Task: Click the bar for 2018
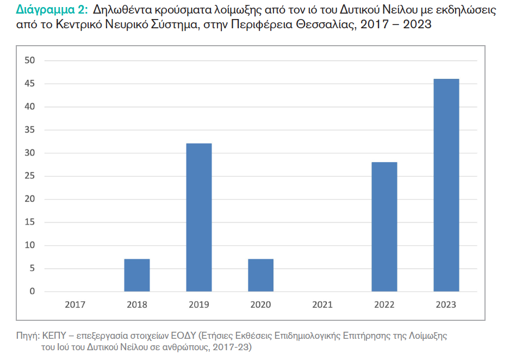[x=137, y=275]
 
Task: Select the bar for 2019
[x=199, y=218]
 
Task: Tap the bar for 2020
[x=260, y=275]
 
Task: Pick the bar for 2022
[x=384, y=227]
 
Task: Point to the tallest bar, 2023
[x=446, y=185]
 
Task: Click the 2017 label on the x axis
[x=75, y=305]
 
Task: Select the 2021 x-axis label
[x=322, y=305]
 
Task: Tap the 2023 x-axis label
[x=446, y=305]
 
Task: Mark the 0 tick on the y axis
[x=32, y=291]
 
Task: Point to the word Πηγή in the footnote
[x=27, y=336]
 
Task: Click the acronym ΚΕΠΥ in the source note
[x=52, y=336]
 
